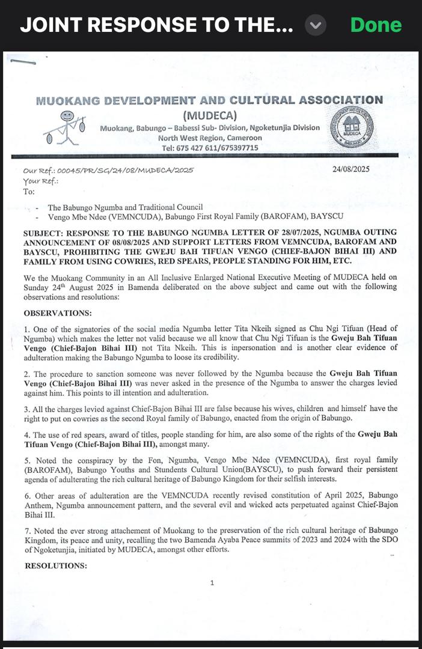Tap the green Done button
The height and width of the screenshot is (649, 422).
(x=376, y=25)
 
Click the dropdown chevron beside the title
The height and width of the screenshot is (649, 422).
(x=316, y=25)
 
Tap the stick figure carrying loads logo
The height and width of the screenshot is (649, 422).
(x=64, y=127)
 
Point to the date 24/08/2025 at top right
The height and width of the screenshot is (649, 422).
(x=350, y=169)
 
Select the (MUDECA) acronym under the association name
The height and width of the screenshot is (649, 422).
(x=209, y=115)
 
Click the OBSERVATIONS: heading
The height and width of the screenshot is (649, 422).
(x=58, y=313)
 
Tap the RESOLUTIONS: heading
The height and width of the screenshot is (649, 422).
(x=55, y=565)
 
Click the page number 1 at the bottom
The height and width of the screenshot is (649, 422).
(x=212, y=582)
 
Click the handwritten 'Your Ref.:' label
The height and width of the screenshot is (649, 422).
(x=40, y=181)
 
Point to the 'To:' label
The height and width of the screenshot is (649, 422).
(x=29, y=192)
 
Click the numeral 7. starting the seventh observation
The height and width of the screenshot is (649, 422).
(x=26, y=530)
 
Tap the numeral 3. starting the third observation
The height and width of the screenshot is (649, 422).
(x=26, y=409)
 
